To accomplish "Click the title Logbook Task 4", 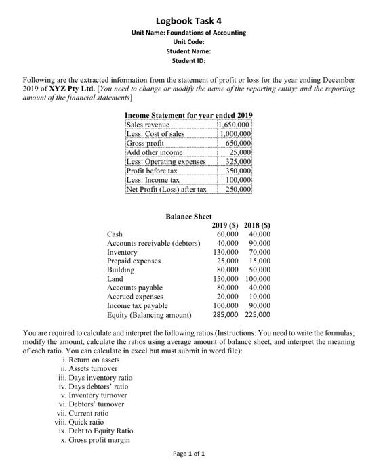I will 189,19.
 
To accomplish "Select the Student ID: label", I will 189,60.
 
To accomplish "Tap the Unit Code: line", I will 189,41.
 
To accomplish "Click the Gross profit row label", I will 145,144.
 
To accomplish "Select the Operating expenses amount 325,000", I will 238,162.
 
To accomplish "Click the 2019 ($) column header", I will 226,225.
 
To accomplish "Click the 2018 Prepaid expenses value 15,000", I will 260,261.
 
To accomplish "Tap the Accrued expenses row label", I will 135,297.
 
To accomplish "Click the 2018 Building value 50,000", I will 260,270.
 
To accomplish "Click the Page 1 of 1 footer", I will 189,453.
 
